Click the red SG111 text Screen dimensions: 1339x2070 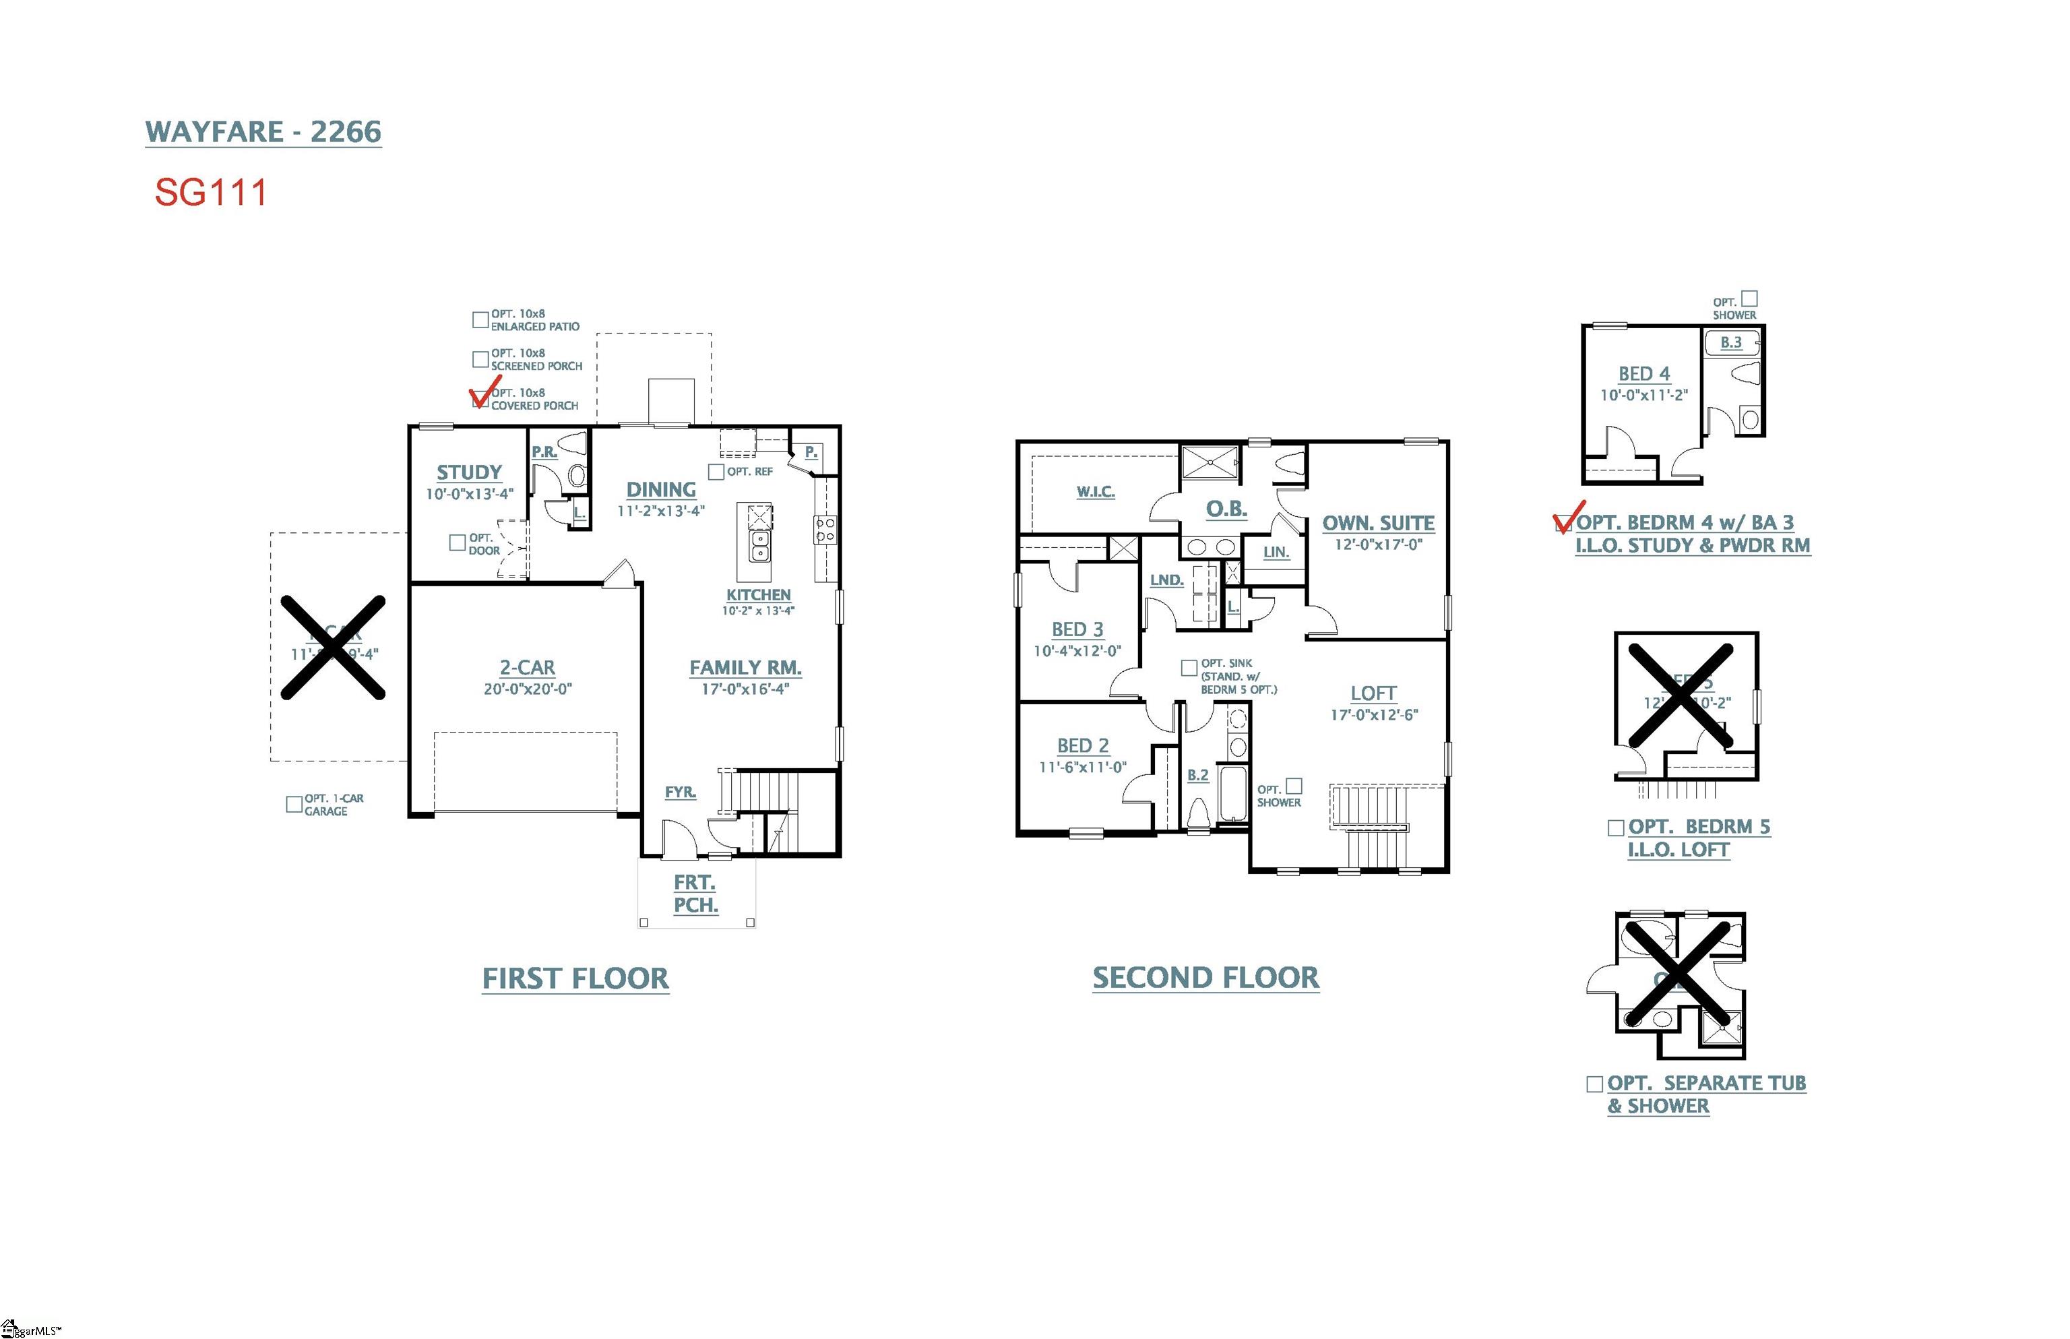point(210,192)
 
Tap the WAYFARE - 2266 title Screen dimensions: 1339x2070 point(263,132)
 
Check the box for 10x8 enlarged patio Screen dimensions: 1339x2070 point(480,320)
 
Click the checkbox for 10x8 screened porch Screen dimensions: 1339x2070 point(480,359)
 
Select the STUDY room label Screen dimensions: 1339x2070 point(468,472)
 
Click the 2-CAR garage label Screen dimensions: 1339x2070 point(527,668)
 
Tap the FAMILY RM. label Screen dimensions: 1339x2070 point(745,668)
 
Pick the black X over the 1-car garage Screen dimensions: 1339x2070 point(333,648)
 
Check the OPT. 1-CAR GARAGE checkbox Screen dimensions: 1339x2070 point(294,804)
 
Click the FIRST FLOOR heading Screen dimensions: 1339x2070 point(575,979)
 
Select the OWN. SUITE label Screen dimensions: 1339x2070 point(1378,524)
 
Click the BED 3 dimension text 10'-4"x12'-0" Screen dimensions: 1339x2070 point(1077,651)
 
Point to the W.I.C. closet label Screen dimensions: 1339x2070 point(1096,492)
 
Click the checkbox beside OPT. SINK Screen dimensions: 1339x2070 point(1189,668)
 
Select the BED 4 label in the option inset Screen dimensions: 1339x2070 point(1643,374)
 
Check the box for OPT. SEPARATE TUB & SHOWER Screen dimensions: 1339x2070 point(1594,1084)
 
